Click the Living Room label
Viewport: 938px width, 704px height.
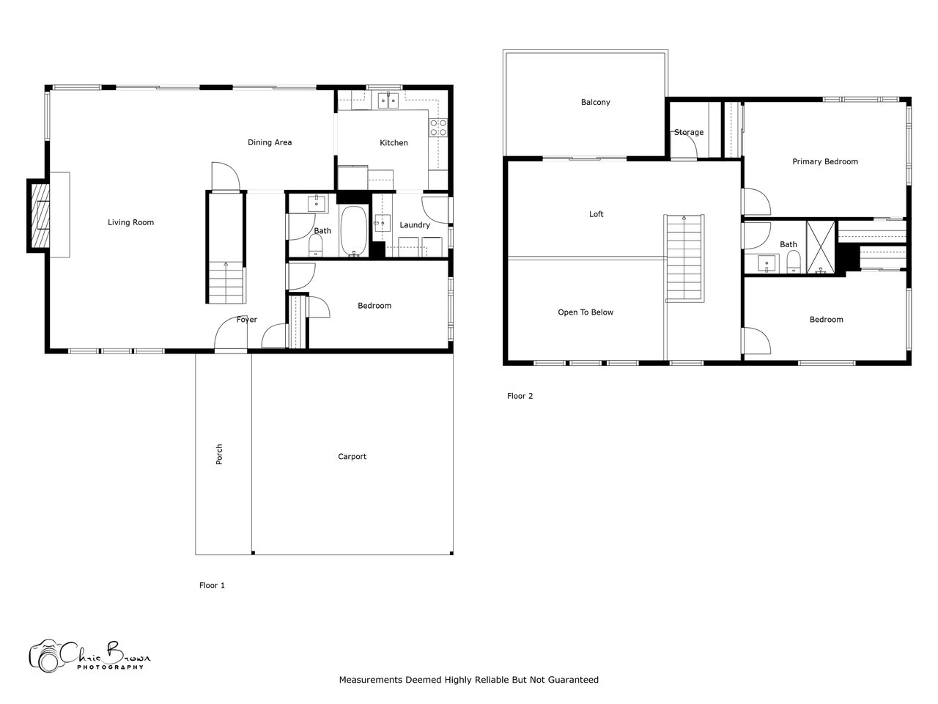(x=130, y=222)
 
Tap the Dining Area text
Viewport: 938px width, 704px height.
(x=270, y=142)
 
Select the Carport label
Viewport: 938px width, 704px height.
(x=352, y=457)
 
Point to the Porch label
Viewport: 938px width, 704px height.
(x=219, y=454)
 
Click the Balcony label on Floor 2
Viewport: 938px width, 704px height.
(x=595, y=102)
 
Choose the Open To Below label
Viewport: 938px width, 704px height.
(x=586, y=312)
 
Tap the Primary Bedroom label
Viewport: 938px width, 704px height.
(x=824, y=161)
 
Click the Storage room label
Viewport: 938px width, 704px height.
(x=689, y=133)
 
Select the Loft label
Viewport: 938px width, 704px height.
(x=596, y=214)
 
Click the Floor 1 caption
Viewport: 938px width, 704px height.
(x=212, y=585)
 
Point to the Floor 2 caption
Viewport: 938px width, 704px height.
(x=520, y=396)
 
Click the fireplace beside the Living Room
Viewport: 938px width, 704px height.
(x=38, y=216)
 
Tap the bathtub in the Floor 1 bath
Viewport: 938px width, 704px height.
(x=354, y=231)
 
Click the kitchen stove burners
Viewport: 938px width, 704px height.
(x=438, y=128)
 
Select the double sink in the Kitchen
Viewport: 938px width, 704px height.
(x=388, y=101)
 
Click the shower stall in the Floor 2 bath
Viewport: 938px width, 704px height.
(x=821, y=247)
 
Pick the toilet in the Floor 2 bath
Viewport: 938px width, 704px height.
(x=794, y=262)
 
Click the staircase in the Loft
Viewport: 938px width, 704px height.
(x=684, y=258)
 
